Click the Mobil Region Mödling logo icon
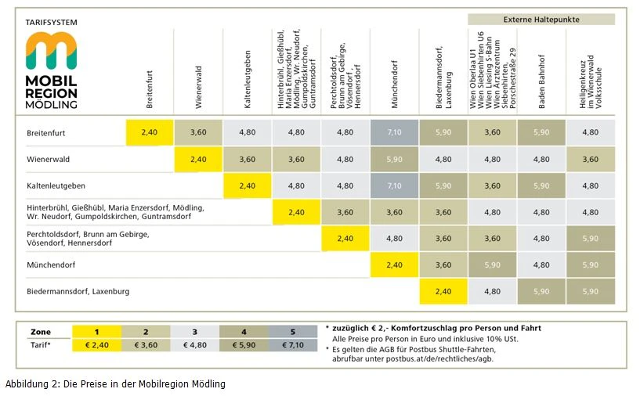pos(51,51)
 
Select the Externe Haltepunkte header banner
pos(541,19)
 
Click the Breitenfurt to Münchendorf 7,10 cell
pos(394,132)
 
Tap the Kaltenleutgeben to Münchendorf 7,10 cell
pos(394,185)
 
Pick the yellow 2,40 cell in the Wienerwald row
pos(198,160)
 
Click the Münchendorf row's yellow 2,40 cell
pos(394,265)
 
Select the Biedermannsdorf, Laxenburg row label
pos(78,292)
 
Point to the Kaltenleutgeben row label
pos(56,185)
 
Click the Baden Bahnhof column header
pos(541,81)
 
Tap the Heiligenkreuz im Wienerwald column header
pos(590,81)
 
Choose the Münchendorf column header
pos(394,85)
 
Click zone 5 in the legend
pos(293,332)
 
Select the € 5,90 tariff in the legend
pos(244,345)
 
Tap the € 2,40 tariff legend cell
pos(96,345)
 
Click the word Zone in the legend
pos(41,332)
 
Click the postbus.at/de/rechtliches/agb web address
pos(439,359)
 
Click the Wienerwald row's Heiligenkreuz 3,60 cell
pos(590,160)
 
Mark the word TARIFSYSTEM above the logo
pos(52,23)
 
